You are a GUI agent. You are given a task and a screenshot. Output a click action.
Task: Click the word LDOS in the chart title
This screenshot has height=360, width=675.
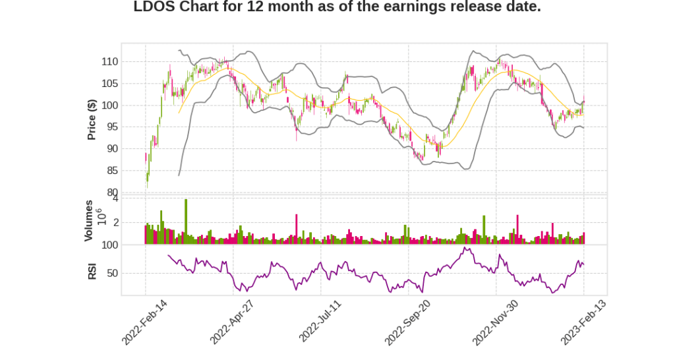152,7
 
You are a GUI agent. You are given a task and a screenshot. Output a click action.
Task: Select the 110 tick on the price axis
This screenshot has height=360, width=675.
109,61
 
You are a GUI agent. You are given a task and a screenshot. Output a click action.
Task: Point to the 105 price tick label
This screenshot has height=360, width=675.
109,83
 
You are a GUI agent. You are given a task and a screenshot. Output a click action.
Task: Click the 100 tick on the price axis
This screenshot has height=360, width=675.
109,105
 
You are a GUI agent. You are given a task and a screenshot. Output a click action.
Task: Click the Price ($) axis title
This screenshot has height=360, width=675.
92,119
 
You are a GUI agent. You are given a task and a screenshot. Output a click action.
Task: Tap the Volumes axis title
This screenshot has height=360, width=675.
88,221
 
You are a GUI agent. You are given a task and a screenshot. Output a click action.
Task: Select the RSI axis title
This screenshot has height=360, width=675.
92,271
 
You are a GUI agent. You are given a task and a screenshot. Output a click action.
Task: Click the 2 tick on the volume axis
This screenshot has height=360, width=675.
116,223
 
